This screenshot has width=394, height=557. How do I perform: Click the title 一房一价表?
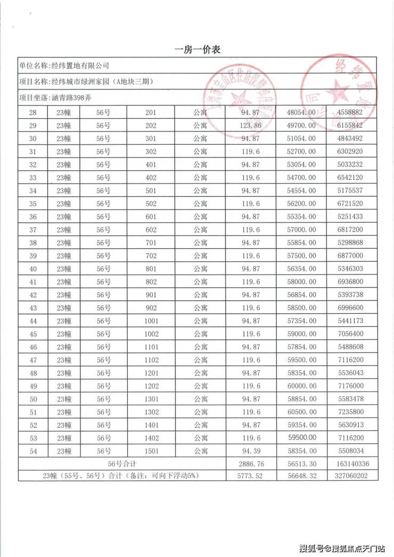click(198, 49)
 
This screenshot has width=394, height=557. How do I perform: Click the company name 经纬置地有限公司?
click(79, 65)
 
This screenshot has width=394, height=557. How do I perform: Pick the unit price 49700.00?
click(301, 126)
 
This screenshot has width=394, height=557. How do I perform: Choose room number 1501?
click(151, 451)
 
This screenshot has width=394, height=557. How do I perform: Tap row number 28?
click(32, 113)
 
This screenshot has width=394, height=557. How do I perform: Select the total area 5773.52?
click(251, 476)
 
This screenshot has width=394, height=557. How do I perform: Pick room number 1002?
click(151, 334)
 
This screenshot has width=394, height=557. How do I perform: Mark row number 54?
click(32, 451)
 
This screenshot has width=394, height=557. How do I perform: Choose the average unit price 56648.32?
click(301, 476)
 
